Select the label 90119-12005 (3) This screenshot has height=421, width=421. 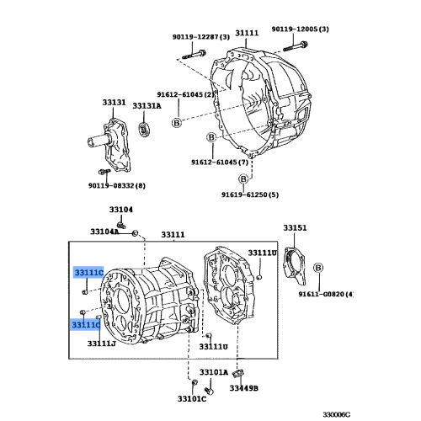[300, 29]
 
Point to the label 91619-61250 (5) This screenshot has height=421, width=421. [249, 195]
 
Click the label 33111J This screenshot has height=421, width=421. [101, 344]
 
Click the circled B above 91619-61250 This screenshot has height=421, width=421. [242, 178]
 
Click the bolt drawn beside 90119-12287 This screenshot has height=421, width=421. [190, 59]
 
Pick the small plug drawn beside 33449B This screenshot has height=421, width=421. [238, 372]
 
